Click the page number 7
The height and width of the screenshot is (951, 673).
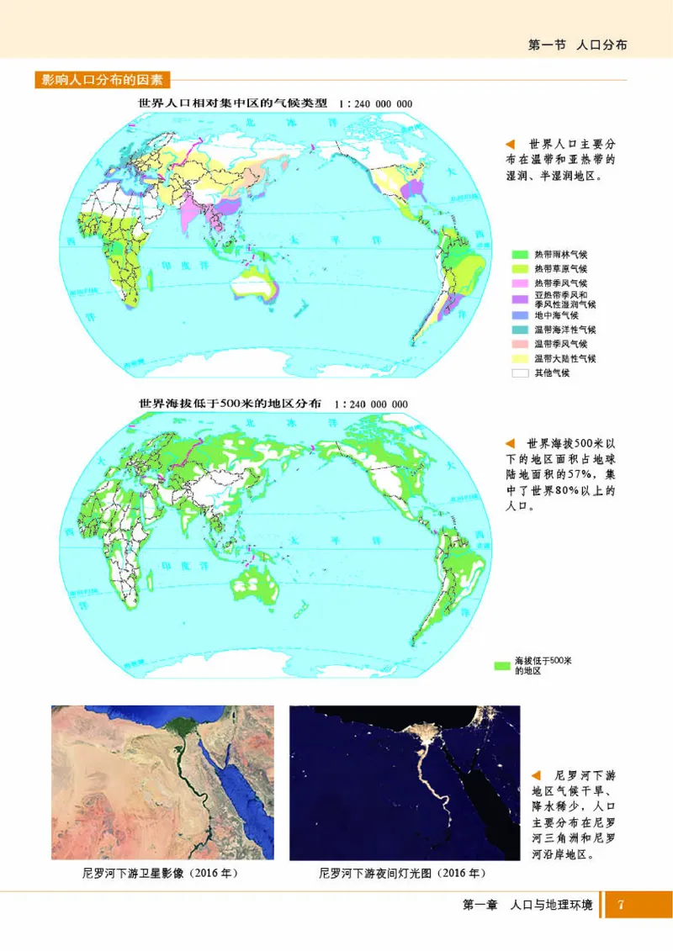click(x=620, y=905)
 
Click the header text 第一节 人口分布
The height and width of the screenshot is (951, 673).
click(x=577, y=45)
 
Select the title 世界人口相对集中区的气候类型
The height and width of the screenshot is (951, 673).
click(x=232, y=103)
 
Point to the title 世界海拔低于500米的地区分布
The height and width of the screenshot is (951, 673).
click(x=230, y=404)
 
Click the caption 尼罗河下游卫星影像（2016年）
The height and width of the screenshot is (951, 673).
click(x=160, y=874)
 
